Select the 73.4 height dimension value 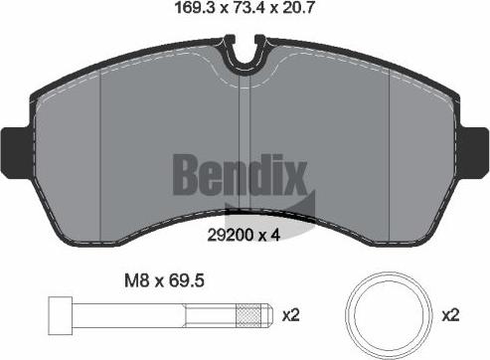pos(249,7)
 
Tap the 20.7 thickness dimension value pos(297,7)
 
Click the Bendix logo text pos(240,175)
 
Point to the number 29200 pos(231,236)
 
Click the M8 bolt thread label pos(136,281)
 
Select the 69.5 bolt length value pos(186,281)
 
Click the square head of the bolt pos(60,315)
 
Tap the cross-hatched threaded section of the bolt pos(248,315)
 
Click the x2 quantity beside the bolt pos(290,315)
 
